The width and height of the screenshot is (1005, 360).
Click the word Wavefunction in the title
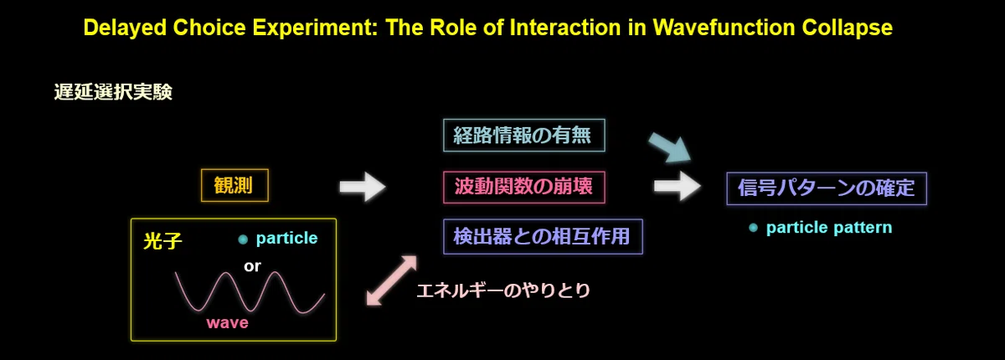click(x=724, y=28)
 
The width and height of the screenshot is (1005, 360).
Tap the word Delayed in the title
click(x=125, y=28)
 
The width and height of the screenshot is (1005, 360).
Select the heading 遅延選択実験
click(x=113, y=92)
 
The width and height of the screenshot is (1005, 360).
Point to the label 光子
click(x=162, y=241)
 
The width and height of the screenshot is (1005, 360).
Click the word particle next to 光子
click(x=286, y=238)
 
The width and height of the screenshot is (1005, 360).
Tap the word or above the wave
click(x=252, y=266)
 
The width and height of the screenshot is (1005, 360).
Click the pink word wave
click(x=228, y=323)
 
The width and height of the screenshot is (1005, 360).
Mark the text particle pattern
click(x=829, y=228)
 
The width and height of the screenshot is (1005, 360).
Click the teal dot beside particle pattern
click(x=753, y=229)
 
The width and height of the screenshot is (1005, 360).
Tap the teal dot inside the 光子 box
click(x=243, y=239)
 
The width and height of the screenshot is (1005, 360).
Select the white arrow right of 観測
click(x=363, y=187)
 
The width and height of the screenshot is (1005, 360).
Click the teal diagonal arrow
click(x=670, y=147)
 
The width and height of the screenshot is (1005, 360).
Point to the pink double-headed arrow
click(x=392, y=280)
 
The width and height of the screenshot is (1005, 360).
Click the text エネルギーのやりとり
click(x=503, y=291)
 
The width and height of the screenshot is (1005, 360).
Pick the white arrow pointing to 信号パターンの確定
click(x=678, y=186)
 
